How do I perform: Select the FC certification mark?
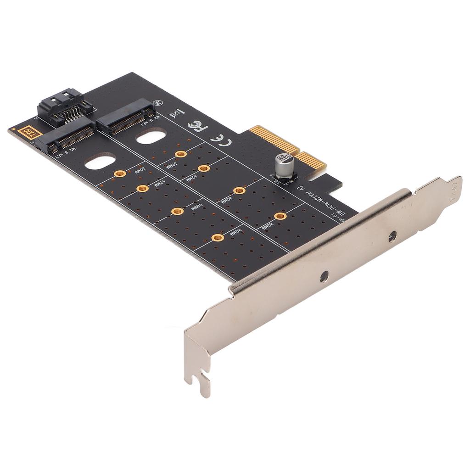198,125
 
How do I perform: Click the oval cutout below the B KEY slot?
100,162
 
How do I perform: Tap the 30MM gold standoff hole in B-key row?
120,173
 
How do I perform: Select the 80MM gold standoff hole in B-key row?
218,237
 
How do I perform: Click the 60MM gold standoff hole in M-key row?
239,190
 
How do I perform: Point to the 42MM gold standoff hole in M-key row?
204,168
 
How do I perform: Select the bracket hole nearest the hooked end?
324,276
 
